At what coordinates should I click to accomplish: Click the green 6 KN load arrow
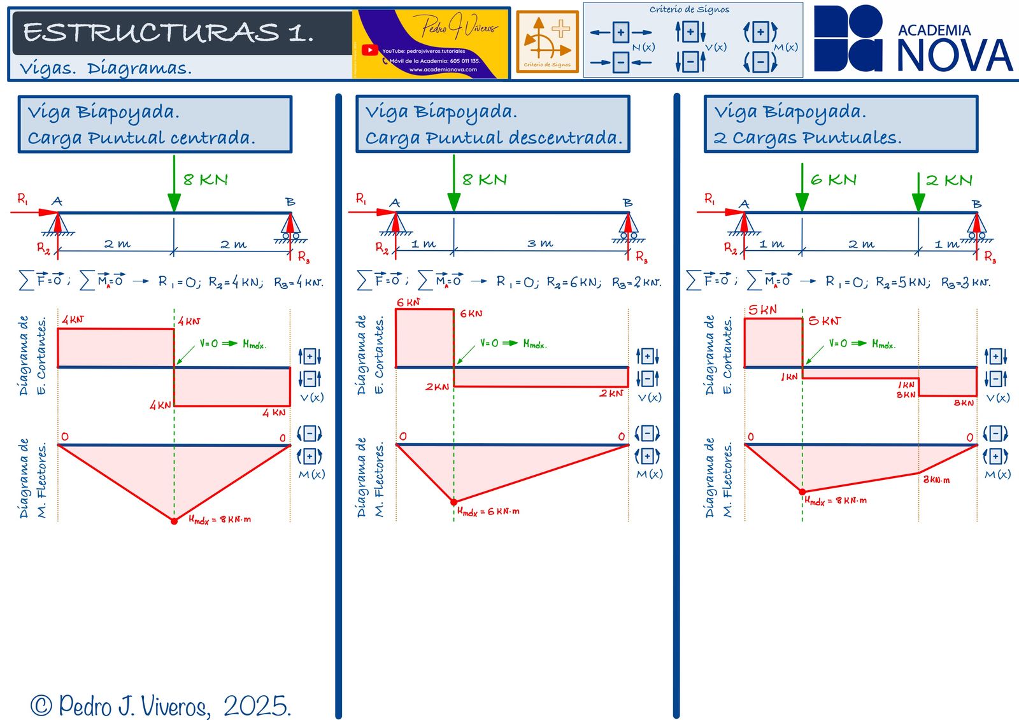(802, 188)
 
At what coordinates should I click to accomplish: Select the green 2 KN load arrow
(918, 191)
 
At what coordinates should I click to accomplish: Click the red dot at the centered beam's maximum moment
(174, 521)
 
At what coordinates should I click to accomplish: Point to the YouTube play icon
(369, 50)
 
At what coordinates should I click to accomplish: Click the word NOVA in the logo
(954, 56)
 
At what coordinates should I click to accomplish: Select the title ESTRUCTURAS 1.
(169, 32)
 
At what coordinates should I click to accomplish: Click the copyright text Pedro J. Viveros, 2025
(161, 705)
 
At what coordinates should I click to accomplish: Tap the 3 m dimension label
(540, 243)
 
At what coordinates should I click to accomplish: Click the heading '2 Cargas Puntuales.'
(808, 138)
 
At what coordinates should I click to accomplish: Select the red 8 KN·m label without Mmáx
(936, 479)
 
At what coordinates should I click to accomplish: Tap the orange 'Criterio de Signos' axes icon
(546, 41)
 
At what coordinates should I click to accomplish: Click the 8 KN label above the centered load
(205, 180)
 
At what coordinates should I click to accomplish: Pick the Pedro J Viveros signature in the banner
(458, 27)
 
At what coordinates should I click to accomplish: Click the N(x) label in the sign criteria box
(643, 47)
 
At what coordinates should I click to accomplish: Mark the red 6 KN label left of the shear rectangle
(408, 302)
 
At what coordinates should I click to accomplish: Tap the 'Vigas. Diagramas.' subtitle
(106, 68)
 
